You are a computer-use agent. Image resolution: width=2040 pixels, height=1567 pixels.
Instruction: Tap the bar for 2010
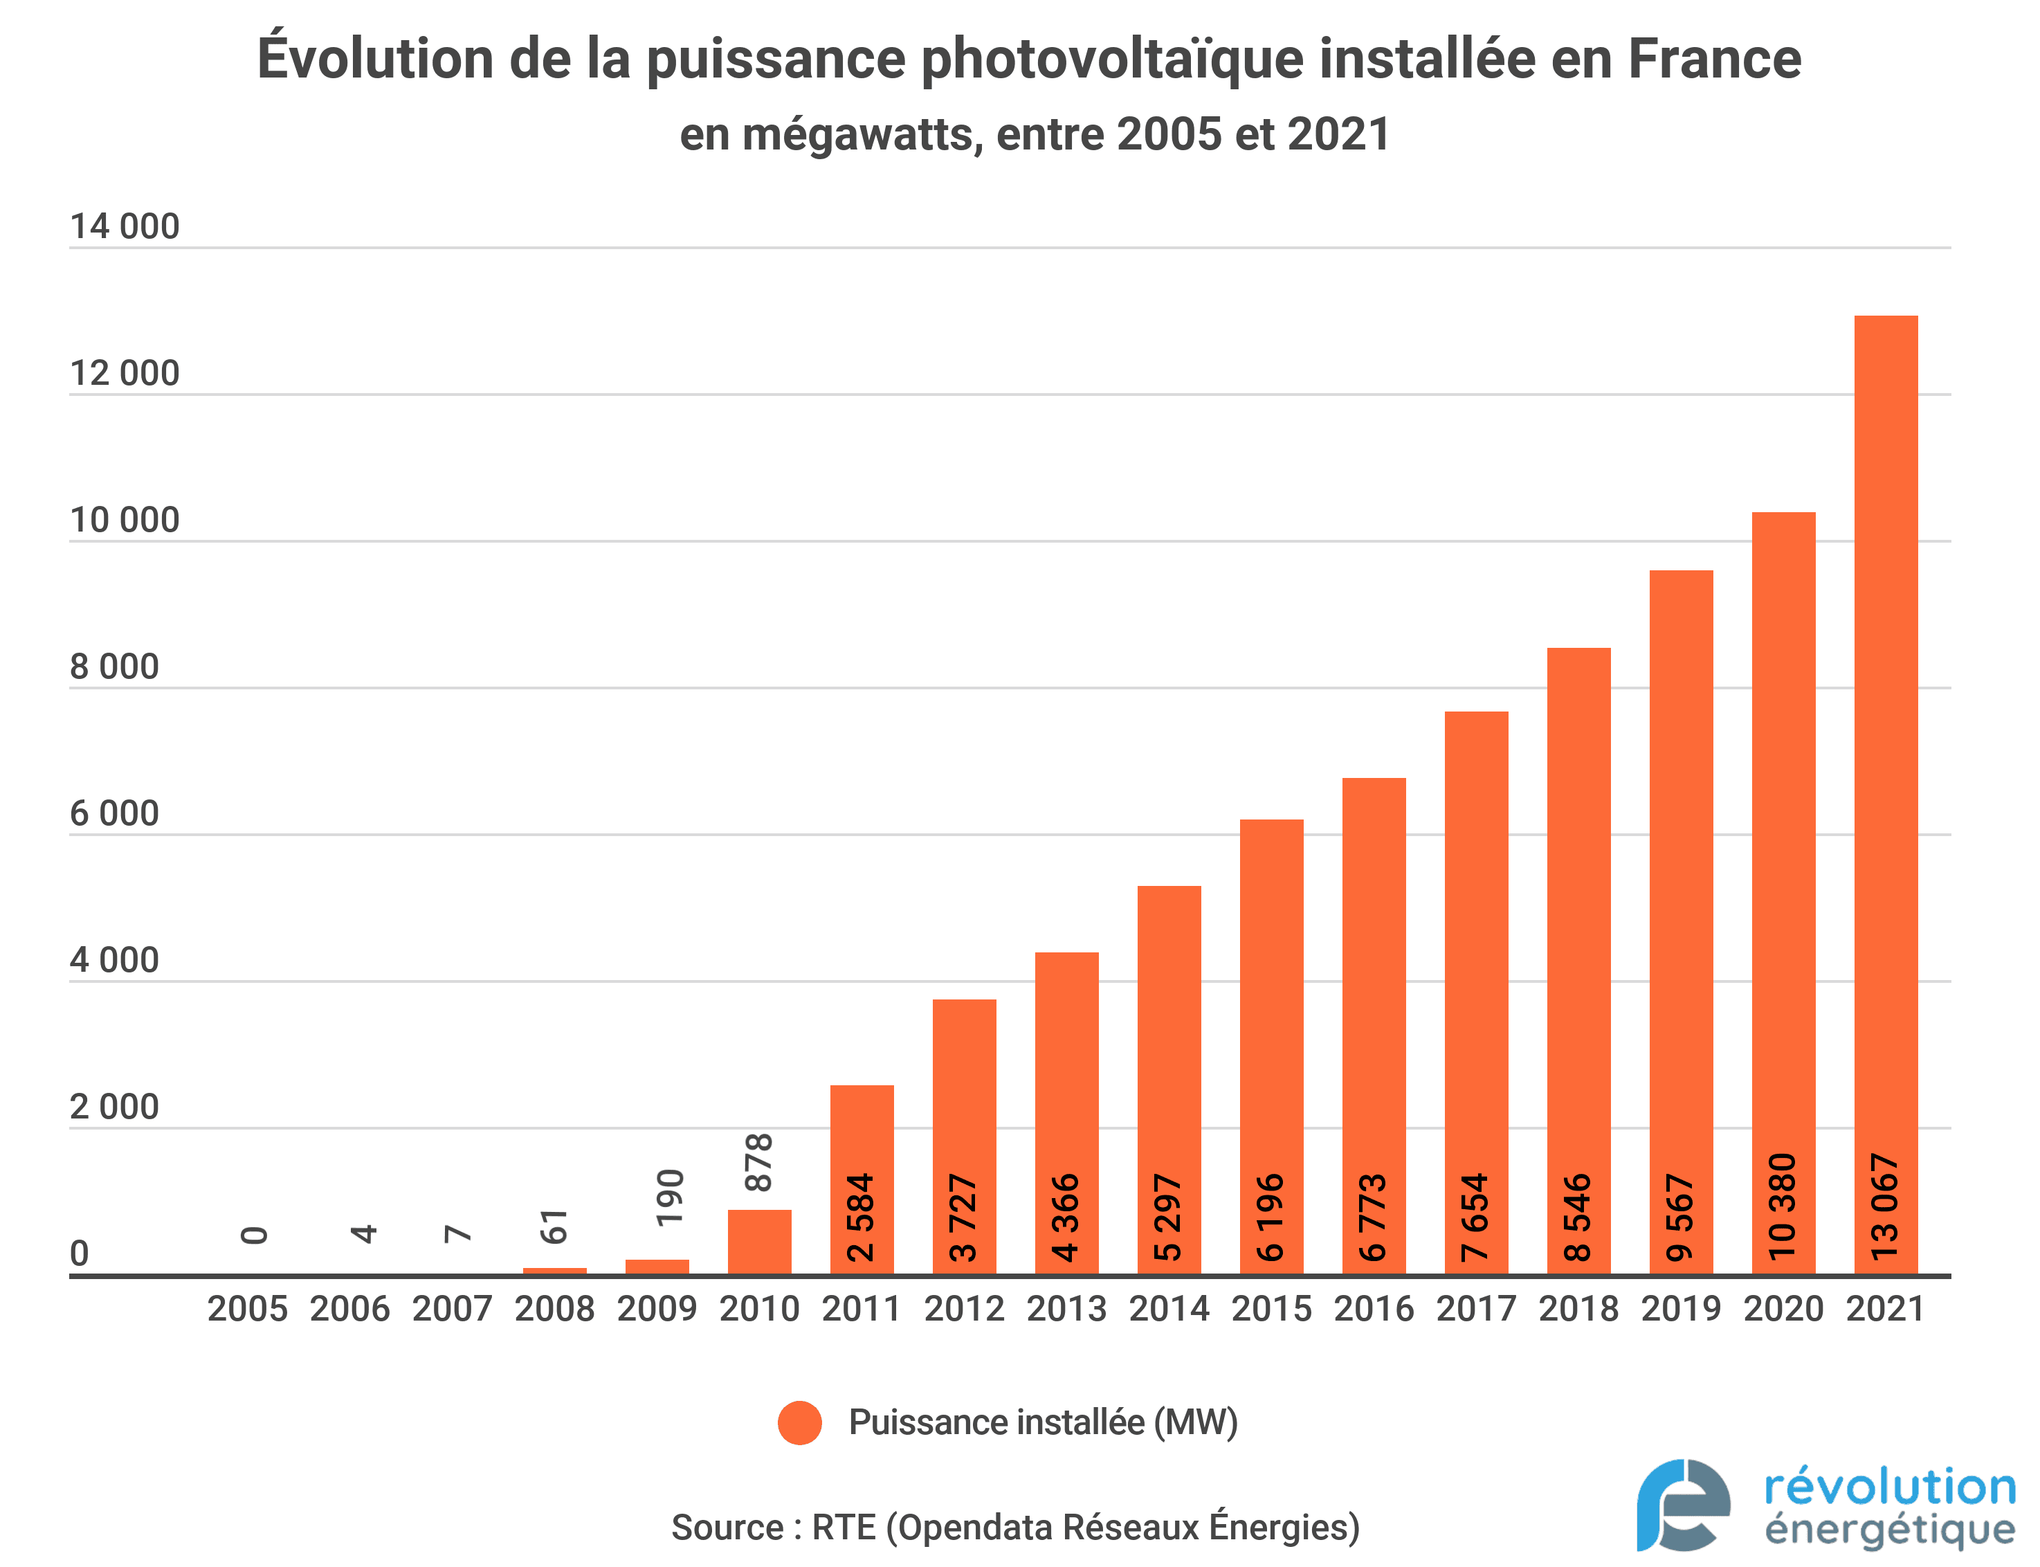[759, 1240]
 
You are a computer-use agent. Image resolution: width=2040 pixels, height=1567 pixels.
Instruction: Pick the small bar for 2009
[657, 1266]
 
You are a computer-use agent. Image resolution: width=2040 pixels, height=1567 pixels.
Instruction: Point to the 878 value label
[759, 1162]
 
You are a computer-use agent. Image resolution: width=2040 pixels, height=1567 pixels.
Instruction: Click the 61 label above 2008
[554, 1226]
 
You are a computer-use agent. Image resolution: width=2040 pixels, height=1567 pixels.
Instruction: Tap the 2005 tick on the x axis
[247, 1309]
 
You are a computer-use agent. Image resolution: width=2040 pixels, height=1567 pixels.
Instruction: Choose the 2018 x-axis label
[1578, 1309]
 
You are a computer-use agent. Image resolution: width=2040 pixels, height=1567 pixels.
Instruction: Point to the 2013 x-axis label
[1066, 1309]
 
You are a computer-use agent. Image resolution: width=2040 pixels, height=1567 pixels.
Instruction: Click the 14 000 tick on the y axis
[124, 226]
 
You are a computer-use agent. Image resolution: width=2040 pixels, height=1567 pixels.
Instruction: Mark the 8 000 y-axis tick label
[113, 667]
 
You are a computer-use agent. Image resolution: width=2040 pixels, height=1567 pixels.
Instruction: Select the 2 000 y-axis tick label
[113, 1107]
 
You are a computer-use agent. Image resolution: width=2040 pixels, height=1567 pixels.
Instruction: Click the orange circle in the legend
[799, 1422]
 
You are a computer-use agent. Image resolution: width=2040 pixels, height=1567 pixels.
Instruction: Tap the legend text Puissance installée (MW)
[1042, 1422]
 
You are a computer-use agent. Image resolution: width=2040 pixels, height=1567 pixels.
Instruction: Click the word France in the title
[1713, 59]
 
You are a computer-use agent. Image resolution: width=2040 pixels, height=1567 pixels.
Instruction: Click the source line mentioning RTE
[1015, 1527]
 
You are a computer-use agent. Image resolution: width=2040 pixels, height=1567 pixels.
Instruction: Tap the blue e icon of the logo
[1683, 1503]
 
